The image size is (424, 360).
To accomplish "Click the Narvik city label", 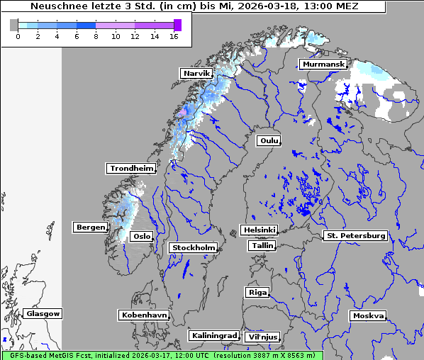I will click(196, 73).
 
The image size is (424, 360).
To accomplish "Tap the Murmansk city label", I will click(323, 64).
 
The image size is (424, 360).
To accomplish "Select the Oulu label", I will click(269, 140).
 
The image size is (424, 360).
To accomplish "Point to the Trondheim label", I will click(131, 169).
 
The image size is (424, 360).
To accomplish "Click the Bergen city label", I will click(89, 227).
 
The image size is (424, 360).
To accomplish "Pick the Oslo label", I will click(142, 236).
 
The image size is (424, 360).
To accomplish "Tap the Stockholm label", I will click(193, 247).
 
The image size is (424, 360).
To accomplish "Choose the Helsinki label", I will click(259, 230).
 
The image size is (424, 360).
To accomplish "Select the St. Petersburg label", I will click(355, 235).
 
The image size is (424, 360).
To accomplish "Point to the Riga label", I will click(257, 292).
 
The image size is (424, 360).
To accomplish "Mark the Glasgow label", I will click(43, 313).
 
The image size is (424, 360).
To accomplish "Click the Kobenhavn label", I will click(144, 314).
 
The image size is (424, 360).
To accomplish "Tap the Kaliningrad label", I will click(213, 335).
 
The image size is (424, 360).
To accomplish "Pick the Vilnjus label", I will click(262, 337).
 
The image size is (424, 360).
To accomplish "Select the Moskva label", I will click(368, 315).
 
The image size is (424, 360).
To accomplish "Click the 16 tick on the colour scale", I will click(174, 36).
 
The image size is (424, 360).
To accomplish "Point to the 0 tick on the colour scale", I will click(18, 36).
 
